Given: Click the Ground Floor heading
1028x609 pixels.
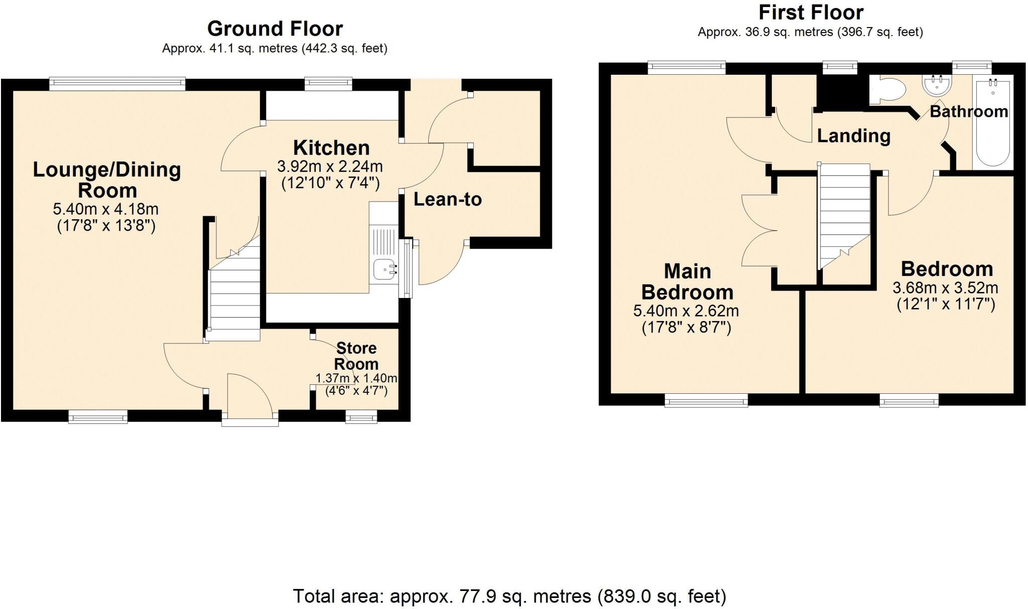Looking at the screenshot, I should pos(275,29).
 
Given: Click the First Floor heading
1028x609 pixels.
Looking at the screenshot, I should pos(811,13).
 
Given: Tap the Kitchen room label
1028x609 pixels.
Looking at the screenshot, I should pos(331,148).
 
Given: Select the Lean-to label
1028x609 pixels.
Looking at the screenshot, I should pos(447,200).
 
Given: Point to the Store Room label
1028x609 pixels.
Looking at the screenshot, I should pos(356,356).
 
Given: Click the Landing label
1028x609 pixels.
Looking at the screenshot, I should pos(853,136).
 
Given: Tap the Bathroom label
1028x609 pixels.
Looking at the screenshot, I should pos(968,111).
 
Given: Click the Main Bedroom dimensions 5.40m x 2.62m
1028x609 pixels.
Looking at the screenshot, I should pos(686,311).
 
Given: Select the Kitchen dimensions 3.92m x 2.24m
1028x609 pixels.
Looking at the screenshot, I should pos(330,166).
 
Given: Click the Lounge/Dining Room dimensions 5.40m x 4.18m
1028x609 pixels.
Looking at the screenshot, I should pos(106,209).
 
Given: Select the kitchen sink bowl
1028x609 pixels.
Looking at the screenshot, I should pos(384,269).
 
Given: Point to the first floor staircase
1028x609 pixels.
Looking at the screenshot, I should pos(844,211).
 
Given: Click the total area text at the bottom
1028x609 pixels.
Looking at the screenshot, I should pos(509,596).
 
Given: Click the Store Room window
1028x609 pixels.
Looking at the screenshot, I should pos(361,416).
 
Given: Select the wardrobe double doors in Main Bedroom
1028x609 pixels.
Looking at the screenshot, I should pos(759,231).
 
